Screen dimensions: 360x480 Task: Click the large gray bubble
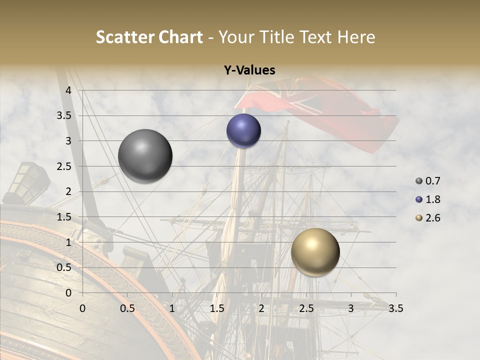[x=145, y=156]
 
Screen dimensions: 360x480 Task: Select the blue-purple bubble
[x=243, y=130]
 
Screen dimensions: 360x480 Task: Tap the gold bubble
[x=315, y=252]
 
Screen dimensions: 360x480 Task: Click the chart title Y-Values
[x=249, y=70]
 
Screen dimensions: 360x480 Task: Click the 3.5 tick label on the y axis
[x=64, y=115]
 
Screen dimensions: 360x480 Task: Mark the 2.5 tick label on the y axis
[x=64, y=166]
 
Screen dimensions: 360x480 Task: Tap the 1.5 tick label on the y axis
[x=64, y=217]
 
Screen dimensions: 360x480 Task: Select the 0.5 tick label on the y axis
[x=64, y=267]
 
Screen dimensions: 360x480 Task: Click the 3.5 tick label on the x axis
[x=395, y=308]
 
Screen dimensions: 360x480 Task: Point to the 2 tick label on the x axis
[x=261, y=308]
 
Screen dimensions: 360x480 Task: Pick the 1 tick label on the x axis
[x=172, y=308]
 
